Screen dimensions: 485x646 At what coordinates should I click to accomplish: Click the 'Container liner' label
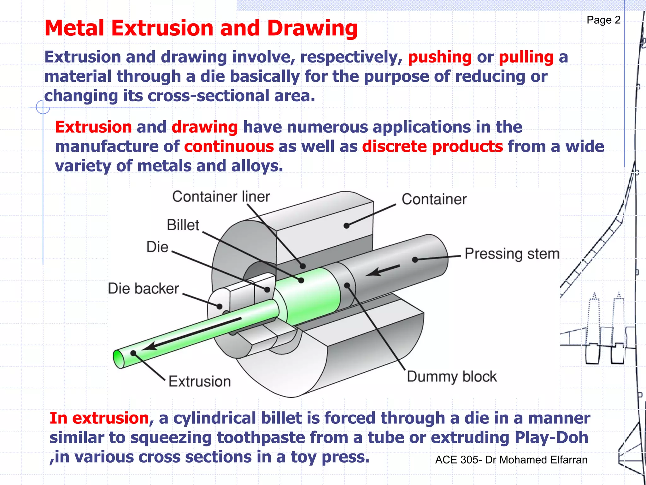[x=221, y=197]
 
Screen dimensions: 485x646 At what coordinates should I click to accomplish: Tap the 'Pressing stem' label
[x=512, y=254]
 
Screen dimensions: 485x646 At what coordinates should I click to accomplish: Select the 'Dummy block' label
[x=451, y=377]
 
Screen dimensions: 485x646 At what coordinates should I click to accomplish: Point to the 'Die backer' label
[x=143, y=289]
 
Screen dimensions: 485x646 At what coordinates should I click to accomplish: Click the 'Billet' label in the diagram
[x=183, y=225]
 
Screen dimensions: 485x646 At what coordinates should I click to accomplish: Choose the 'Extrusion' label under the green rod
[x=200, y=381]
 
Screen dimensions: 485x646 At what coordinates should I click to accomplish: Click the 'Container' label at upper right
[x=434, y=199]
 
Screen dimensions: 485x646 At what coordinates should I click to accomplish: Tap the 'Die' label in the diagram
[x=157, y=247]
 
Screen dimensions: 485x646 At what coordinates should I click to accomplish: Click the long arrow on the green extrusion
[x=192, y=334]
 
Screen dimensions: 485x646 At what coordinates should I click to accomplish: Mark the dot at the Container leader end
[x=346, y=225]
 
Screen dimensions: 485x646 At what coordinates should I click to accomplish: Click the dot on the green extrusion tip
[x=133, y=353]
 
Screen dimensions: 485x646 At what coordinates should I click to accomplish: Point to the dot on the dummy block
[x=347, y=285]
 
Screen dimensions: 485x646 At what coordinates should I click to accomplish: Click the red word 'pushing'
[x=440, y=57]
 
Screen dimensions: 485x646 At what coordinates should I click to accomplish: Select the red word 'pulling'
[x=526, y=57]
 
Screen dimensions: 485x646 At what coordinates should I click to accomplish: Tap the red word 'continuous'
[x=229, y=147]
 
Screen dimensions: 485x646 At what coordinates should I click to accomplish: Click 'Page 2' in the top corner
[x=603, y=20]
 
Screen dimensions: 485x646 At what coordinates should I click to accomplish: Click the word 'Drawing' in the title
[x=312, y=28]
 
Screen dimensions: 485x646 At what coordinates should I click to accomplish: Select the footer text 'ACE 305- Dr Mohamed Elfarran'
[x=511, y=460]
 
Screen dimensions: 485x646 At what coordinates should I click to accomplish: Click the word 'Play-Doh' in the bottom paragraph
[x=551, y=438]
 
